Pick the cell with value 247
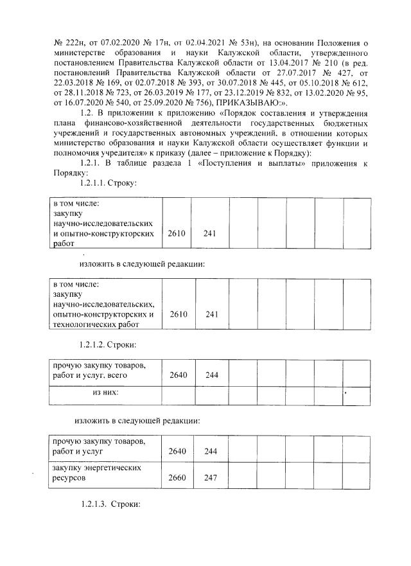[210, 479]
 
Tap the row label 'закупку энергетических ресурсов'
[96, 473]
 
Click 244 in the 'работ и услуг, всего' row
[210, 374]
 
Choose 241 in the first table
[209, 234]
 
